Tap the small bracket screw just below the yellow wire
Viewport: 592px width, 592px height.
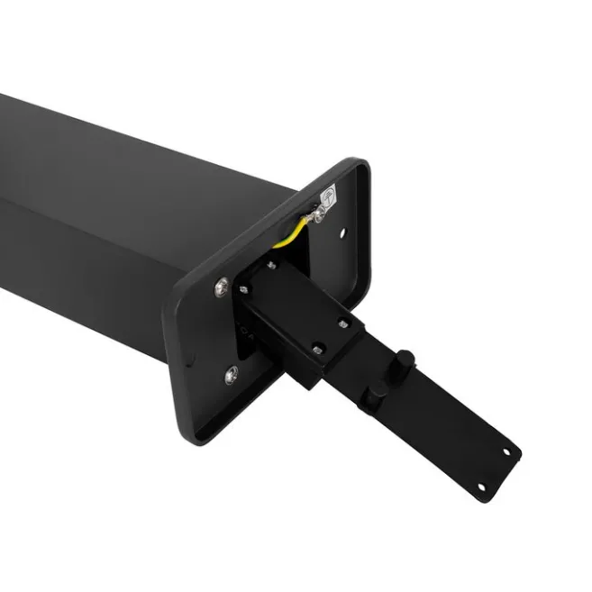270,264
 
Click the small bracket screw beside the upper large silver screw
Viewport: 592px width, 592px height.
243,290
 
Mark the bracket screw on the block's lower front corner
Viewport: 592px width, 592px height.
316,349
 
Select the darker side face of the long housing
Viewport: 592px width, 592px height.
90,261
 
